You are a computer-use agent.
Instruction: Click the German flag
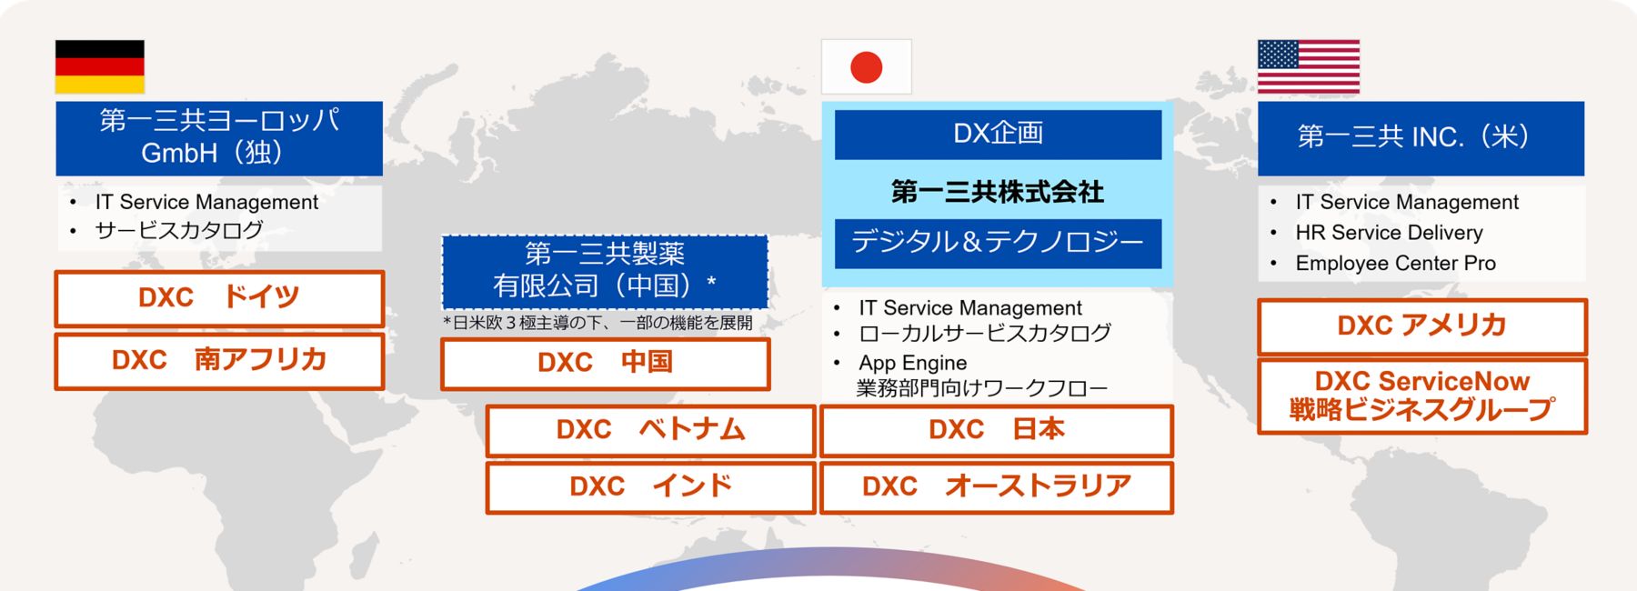(x=100, y=67)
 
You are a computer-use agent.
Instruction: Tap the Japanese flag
(x=866, y=67)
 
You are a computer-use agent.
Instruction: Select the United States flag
(x=1308, y=67)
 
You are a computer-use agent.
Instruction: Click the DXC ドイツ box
(x=219, y=298)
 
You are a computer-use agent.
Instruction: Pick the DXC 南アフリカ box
(x=219, y=361)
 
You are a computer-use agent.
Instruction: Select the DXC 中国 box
(x=605, y=364)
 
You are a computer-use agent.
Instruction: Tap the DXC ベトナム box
(x=650, y=430)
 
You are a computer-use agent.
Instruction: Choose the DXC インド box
(x=650, y=487)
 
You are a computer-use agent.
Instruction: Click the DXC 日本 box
(x=997, y=430)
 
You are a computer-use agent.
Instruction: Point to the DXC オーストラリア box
(x=997, y=487)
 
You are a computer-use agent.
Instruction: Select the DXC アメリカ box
(x=1421, y=326)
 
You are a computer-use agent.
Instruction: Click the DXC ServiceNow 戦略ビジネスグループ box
(x=1421, y=396)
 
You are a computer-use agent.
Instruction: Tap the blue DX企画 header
(x=998, y=135)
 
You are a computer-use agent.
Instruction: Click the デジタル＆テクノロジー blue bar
(x=998, y=243)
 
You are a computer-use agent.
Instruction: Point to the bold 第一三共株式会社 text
(x=998, y=192)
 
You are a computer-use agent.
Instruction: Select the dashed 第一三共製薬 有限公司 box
(x=605, y=271)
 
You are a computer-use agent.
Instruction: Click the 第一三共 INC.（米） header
(x=1420, y=138)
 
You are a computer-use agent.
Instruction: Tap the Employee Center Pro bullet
(x=1395, y=264)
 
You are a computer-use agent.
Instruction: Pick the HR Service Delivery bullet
(x=1389, y=233)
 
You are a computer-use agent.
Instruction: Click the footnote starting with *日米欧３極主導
(x=598, y=323)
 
